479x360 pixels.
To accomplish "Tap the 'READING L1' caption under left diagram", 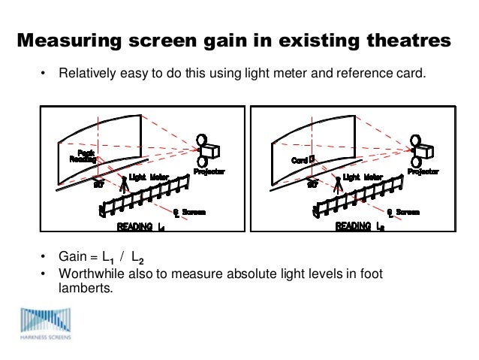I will [141, 226].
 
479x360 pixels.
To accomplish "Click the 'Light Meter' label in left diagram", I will [149, 177].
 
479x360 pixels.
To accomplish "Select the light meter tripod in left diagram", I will [124, 186].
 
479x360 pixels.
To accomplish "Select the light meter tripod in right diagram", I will [337, 186].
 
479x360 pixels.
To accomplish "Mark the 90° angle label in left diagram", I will [98, 185].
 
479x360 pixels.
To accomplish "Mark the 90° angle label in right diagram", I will [311, 185].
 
